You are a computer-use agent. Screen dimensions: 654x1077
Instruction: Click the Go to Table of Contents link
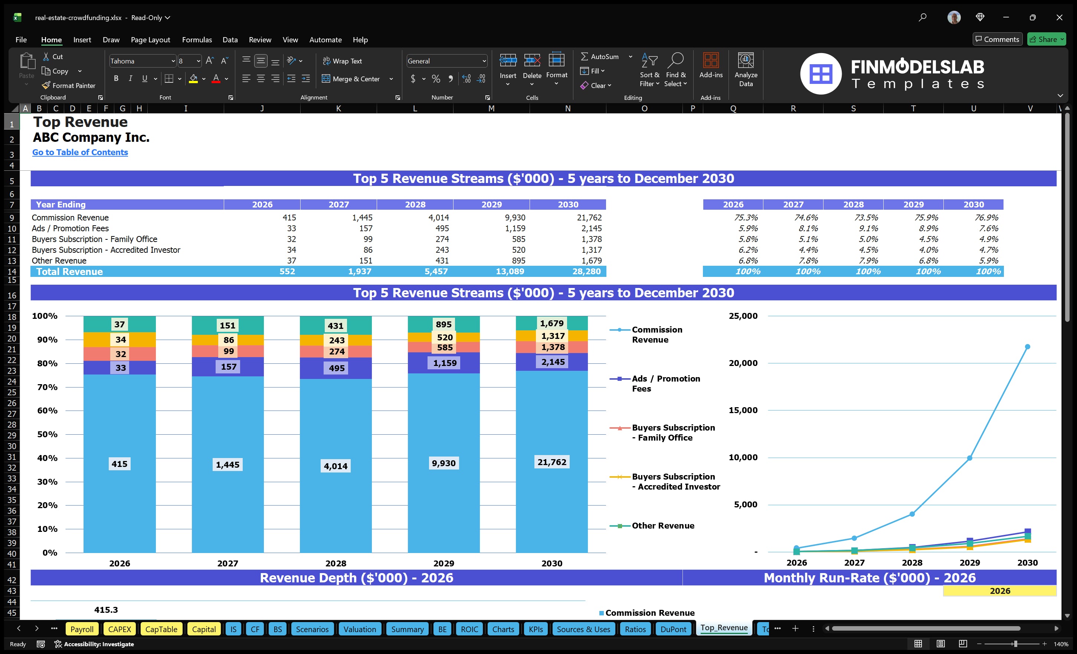click(x=80, y=152)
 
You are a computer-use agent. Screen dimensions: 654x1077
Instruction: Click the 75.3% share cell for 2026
click(x=746, y=217)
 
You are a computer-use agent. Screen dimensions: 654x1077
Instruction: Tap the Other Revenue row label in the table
click(x=59, y=261)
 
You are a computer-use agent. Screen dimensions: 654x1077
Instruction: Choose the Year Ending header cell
click(x=61, y=205)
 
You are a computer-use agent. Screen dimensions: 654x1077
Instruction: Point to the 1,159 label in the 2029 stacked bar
click(x=445, y=363)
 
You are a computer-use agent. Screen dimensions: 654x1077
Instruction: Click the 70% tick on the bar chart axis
click(x=47, y=387)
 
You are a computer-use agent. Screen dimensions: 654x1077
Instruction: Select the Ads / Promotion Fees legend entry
click(x=665, y=383)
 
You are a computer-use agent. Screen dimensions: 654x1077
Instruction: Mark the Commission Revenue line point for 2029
click(x=969, y=458)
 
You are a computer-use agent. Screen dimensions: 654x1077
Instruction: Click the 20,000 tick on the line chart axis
click(x=743, y=363)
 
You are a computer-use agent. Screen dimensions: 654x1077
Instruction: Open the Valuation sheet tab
click(x=359, y=629)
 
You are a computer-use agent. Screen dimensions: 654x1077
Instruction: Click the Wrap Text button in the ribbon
click(x=342, y=61)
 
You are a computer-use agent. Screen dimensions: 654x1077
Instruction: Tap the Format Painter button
click(x=69, y=86)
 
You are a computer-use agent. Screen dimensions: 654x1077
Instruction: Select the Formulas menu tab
click(x=197, y=40)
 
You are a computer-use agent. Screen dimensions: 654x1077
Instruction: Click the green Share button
click(x=1046, y=39)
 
